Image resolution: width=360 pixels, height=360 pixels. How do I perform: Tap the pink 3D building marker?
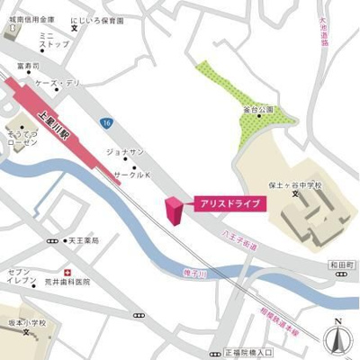(173, 210)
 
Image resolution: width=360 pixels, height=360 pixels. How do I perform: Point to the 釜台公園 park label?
(257, 110)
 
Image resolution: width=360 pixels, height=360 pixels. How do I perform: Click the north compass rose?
(338, 337)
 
